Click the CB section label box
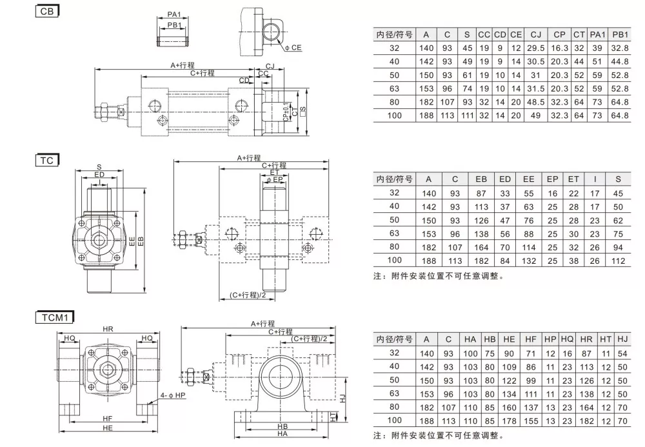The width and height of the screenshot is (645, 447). [x=47, y=11]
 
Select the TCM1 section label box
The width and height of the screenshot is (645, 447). [x=55, y=317]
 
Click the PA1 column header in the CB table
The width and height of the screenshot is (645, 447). [x=598, y=34]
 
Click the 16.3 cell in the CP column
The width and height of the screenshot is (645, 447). [x=559, y=48]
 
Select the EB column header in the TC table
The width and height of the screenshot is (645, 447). [x=481, y=179]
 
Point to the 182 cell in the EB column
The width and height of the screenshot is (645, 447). [x=481, y=260]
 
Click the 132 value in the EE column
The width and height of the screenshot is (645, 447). [x=529, y=260]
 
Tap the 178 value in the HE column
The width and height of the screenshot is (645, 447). [x=510, y=421]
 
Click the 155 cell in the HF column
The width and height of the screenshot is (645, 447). [x=531, y=421]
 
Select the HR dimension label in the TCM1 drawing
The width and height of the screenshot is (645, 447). [x=108, y=329]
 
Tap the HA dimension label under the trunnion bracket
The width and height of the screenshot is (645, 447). [x=282, y=434]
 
